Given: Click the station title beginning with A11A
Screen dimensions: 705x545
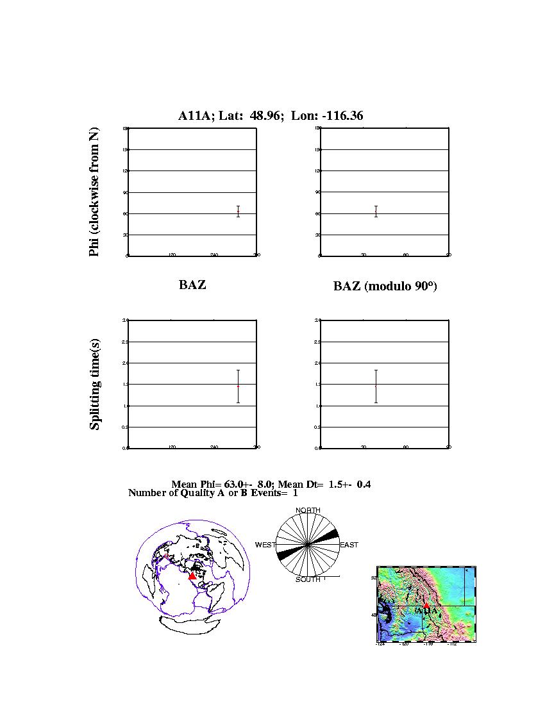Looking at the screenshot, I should (271, 116).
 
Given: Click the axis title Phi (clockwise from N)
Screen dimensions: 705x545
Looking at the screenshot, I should (94, 192).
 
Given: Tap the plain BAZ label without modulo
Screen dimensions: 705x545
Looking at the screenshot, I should (192, 285).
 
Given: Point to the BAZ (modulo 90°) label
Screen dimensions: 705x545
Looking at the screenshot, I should (385, 286).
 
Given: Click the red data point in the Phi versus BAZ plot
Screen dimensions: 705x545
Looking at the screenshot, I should (238, 211).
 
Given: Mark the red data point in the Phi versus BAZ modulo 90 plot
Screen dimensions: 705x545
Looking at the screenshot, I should (376, 211).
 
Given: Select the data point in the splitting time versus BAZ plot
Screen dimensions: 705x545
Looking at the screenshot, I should (238, 386).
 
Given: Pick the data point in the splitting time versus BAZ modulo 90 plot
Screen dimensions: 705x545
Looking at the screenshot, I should (376, 386).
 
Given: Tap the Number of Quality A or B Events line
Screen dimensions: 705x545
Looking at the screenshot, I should (213, 493).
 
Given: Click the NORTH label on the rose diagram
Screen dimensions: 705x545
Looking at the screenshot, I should (308, 510).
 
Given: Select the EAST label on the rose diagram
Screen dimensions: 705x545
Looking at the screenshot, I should (349, 545).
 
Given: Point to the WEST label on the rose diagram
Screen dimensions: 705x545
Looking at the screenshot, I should (265, 545).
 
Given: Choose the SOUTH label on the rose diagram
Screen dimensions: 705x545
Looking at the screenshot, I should (308, 579).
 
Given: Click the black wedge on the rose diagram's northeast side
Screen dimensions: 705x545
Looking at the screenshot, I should (328, 535).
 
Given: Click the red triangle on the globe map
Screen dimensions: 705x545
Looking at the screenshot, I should (192, 576).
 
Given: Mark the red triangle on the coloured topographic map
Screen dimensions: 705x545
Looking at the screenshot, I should (427, 604).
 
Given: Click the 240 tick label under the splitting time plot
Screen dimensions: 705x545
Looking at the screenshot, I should (214, 447).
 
